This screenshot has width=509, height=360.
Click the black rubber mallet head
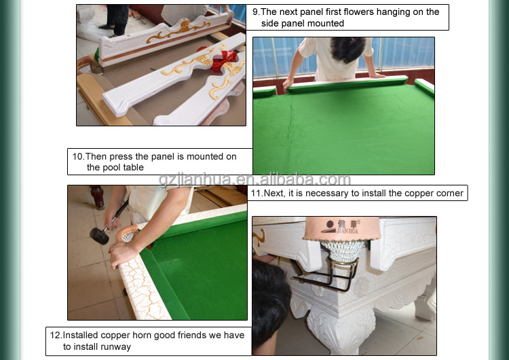coord(99,236)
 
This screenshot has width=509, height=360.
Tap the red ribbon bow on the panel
coord(224,60)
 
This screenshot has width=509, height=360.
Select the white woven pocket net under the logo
coord(343,251)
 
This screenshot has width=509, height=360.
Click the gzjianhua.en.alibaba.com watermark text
coord(254,179)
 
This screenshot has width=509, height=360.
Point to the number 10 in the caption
coord(78,157)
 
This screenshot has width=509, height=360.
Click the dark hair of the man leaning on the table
coord(348,49)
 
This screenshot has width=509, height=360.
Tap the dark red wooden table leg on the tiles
coord(97,197)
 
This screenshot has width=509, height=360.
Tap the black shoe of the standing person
coord(106,27)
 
